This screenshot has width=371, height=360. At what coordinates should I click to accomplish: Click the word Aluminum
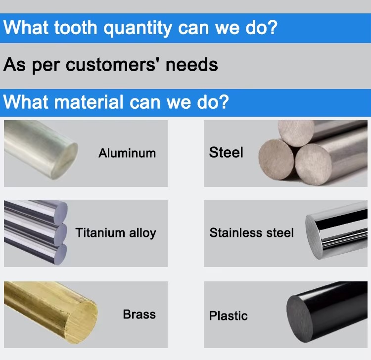click(127, 153)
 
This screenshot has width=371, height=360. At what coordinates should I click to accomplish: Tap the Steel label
click(226, 152)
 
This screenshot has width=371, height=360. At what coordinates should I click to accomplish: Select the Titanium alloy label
click(116, 233)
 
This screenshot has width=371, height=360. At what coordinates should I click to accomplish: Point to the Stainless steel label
click(251, 232)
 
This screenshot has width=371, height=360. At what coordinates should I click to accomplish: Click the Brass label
click(139, 315)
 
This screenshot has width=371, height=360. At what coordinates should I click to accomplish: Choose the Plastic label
click(229, 316)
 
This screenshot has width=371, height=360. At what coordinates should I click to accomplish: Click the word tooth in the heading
click(76, 27)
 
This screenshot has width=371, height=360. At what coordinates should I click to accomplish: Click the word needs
click(191, 65)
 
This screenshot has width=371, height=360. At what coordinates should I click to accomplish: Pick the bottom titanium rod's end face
click(60, 254)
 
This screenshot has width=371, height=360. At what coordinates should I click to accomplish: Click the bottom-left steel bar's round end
click(276, 160)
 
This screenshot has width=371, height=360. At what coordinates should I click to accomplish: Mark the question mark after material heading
click(224, 102)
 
